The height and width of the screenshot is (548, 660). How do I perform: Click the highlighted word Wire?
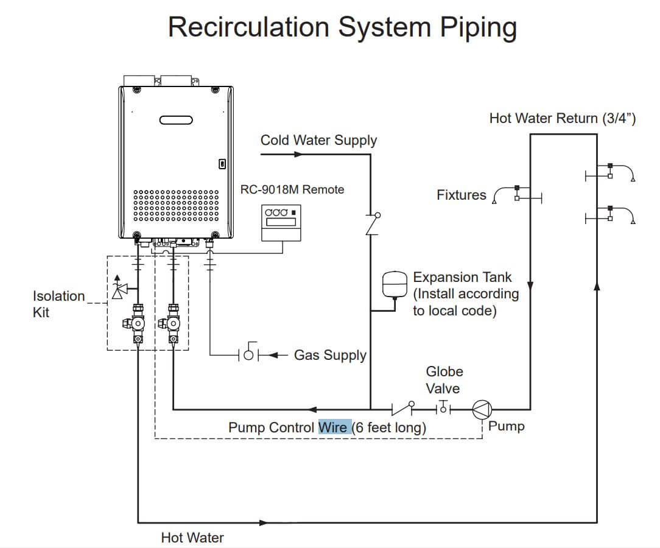coord(333,427)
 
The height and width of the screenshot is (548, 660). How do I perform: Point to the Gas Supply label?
coord(330,355)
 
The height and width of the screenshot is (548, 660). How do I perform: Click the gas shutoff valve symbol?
coord(248,354)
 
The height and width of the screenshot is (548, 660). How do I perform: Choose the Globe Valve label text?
coord(444,379)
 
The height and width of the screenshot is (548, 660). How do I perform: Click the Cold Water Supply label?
coord(318,140)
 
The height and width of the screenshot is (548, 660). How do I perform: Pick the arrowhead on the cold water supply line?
coord(298,154)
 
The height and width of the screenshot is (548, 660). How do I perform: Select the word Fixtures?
coord(462,195)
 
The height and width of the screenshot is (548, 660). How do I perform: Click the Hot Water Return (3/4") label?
coord(563,118)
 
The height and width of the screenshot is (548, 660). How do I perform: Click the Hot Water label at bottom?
coord(192,538)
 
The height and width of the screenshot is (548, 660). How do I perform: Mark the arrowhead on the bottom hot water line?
coord(262,522)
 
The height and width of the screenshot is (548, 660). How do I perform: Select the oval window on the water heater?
coord(176,120)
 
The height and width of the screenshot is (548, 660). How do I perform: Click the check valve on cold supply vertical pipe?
coord(371,223)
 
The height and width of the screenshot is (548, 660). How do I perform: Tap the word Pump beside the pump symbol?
coord(506,426)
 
